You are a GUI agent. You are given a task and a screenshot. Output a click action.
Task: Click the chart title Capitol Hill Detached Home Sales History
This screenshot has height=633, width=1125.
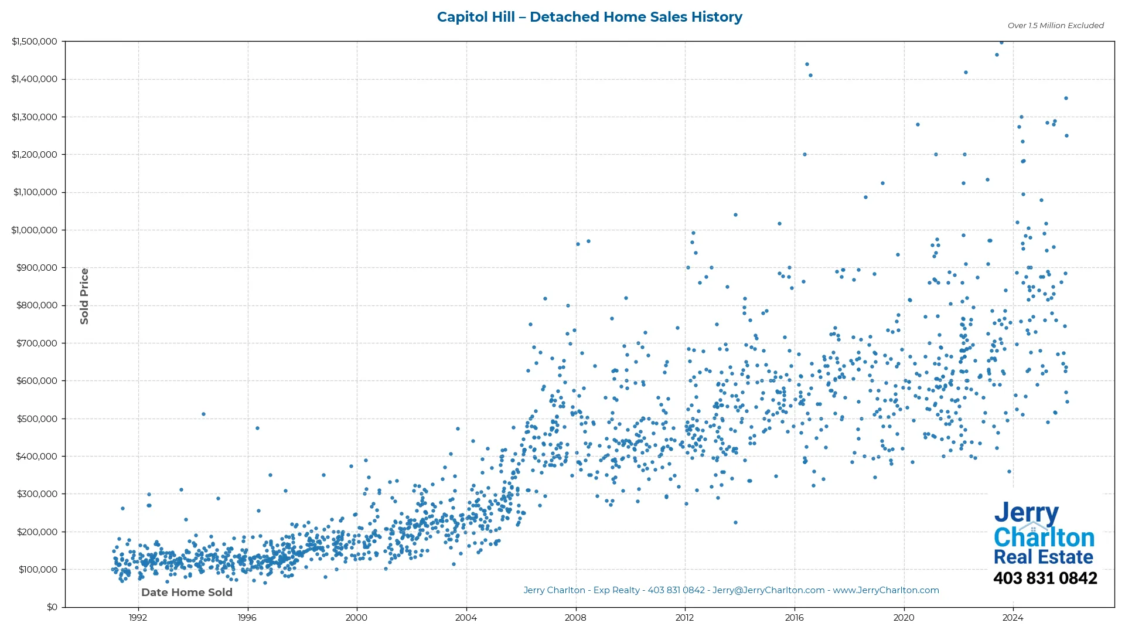click(589, 17)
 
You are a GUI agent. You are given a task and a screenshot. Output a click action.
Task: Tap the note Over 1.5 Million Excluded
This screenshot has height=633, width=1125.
click(1055, 25)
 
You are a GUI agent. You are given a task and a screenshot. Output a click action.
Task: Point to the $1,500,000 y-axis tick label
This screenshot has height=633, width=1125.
click(35, 42)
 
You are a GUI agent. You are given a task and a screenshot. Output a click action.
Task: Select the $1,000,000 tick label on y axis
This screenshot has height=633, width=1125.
click(35, 230)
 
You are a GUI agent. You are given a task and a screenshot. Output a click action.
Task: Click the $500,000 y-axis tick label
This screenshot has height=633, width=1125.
click(36, 419)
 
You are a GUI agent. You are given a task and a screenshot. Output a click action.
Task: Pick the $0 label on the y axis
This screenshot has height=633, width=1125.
click(52, 607)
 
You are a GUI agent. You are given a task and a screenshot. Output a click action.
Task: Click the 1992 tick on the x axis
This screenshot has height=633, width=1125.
click(138, 617)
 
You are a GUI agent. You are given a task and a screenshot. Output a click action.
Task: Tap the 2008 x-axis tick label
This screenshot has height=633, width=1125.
click(575, 617)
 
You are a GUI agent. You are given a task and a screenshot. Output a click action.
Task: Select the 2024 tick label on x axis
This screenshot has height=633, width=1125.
click(1013, 617)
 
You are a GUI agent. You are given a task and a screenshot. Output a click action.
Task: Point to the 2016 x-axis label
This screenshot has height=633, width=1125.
click(795, 617)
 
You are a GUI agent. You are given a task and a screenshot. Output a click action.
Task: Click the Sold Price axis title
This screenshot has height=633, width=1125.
click(84, 296)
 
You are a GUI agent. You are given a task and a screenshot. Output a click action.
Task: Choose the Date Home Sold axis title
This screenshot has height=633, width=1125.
click(187, 593)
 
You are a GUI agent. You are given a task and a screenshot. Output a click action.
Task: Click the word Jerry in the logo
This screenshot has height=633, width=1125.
click(1026, 513)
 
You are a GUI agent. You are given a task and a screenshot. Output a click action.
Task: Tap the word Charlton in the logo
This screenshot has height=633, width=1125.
click(1044, 537)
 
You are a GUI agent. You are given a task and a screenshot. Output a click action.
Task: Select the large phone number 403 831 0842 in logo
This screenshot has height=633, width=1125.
click(1045, 578)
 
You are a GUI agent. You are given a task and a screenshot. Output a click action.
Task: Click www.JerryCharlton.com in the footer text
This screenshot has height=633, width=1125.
click(886, 590)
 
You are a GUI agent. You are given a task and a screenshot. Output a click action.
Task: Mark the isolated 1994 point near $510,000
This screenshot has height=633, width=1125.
click(203, 414)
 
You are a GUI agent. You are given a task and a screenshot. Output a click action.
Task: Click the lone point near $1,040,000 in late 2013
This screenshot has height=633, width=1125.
click(735, 215)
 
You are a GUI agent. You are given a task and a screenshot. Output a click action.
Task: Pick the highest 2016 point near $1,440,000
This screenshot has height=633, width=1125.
click(807, 64)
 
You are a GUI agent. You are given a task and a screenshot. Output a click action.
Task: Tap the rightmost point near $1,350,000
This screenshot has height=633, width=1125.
click(1066, 98)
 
